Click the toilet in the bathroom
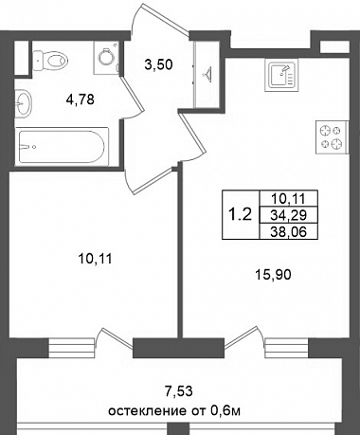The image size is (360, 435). click(50, 61)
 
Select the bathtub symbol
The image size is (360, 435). click(63, 145)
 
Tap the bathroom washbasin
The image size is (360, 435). click(23, 102)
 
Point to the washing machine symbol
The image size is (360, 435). click(106, 58)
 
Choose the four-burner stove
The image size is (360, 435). click(333, 137)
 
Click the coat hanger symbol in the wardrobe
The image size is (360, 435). click(207, 74)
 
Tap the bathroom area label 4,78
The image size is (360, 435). click(81, 100)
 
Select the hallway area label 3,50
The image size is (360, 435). click(158, 64)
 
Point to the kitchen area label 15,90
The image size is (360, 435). click(273, 275)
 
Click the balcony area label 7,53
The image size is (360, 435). click(179, 391)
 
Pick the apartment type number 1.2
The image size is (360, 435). click(240, 215)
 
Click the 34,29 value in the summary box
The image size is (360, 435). click(289, 215)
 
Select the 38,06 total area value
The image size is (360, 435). click(289, 232)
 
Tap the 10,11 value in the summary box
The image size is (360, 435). click(289, 199)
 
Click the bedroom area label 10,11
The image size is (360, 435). click(95, 259)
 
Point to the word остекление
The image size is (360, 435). click(146, 411)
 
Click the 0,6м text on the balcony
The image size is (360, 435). click(225, 411)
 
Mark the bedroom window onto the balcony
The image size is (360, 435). click(72, 348)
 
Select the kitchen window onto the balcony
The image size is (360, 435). click(286, 348)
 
